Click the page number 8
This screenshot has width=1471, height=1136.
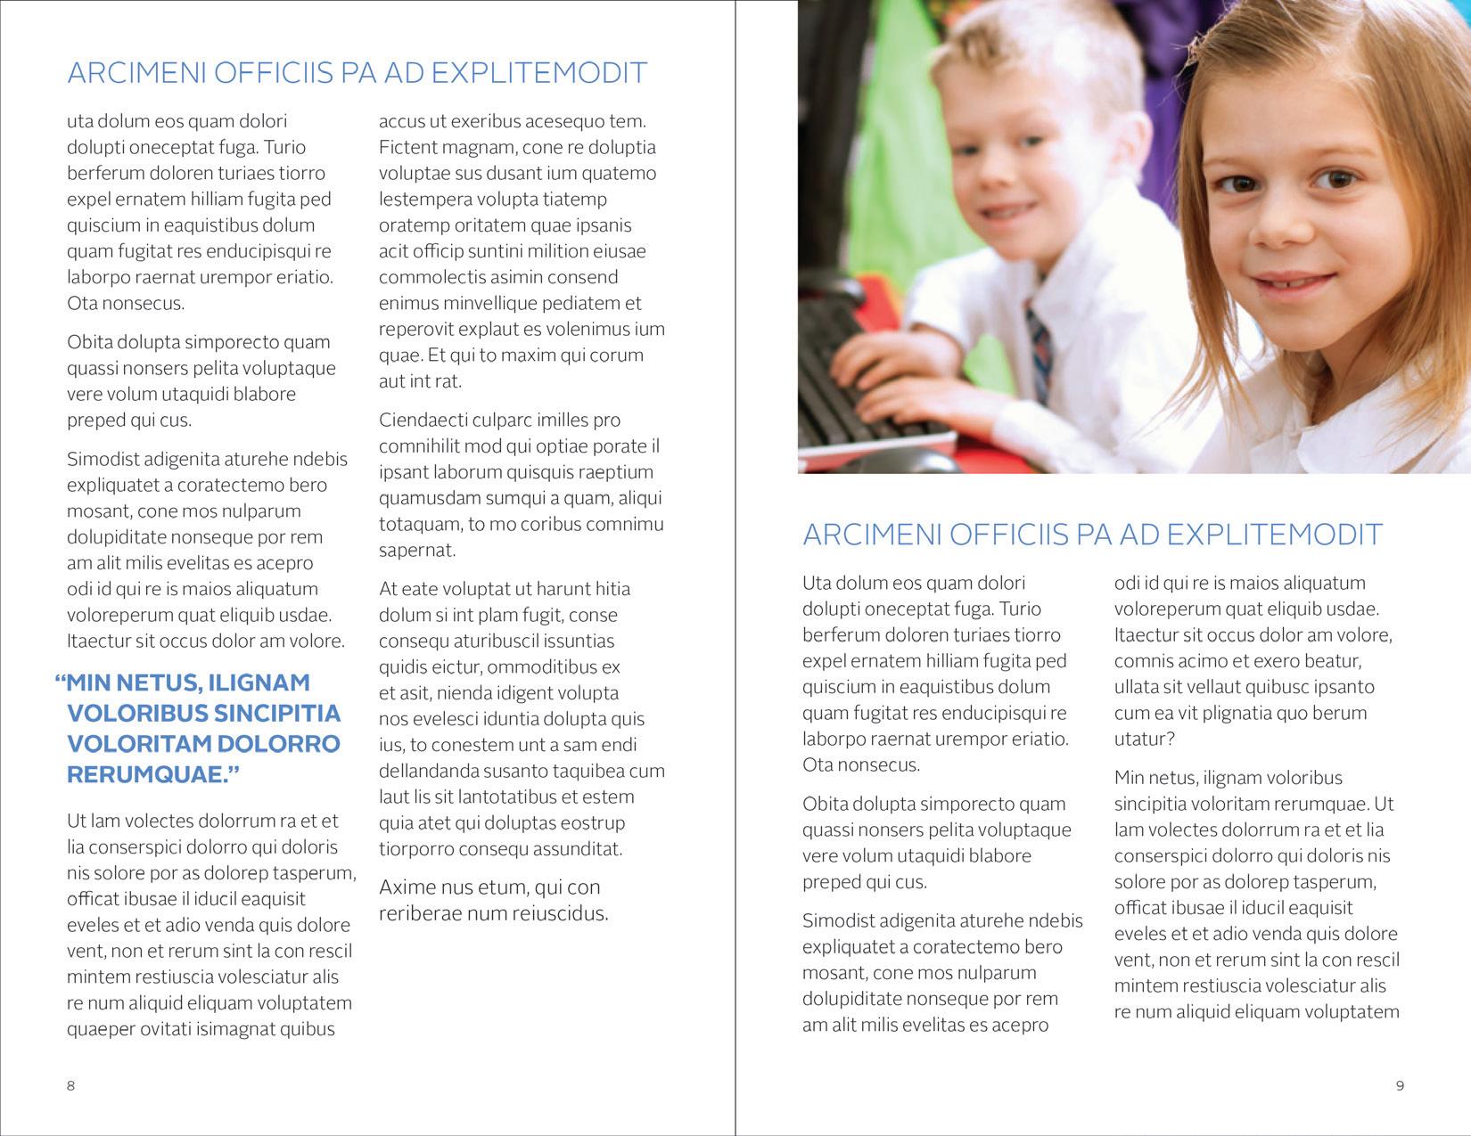click(x=71, y=1085)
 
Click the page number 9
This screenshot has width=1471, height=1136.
click(x=1400, y=1085)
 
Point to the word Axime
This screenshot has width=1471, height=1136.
click(x=405, y=887)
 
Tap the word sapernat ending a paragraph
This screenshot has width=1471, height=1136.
click(x=417, y=550)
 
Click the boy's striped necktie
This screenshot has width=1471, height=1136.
click(x=1037, y=343)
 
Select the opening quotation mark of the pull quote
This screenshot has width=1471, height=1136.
click(x=61, y=682)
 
